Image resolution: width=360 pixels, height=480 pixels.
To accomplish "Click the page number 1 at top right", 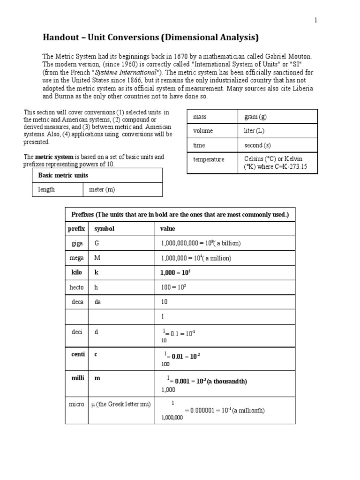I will tap(315, 21).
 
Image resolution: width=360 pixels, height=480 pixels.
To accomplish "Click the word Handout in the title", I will tap(61, 37).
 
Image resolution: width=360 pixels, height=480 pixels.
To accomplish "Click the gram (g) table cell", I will tap(255, 117).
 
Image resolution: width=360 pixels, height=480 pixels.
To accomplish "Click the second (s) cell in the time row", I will tap(257, 146).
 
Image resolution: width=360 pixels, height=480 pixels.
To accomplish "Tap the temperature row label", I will tap(209, 159).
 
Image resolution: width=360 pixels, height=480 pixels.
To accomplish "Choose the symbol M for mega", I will tap(97, 258).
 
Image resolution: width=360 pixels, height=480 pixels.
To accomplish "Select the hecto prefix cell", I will tap(76, 287).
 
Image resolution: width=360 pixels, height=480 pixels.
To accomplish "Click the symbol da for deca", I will tap(97, 302).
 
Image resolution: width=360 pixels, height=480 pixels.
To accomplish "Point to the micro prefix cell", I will tap(76, 404).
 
